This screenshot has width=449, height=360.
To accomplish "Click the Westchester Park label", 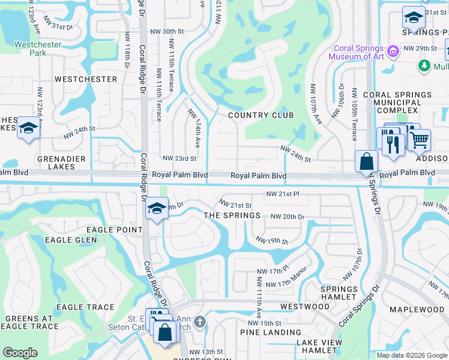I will pos(30,49).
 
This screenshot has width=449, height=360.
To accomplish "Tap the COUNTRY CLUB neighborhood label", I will pos(261,115).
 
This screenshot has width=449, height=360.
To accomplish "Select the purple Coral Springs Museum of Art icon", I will pos(394,52).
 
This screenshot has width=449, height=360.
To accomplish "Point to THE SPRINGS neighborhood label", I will pos(232,215).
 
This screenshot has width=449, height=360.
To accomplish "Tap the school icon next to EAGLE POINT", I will pos(156,208).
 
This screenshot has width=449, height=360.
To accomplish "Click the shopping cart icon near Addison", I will pos(419,139).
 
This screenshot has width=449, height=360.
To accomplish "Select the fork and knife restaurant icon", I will pos(393,145).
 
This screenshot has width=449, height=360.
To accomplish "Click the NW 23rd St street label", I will pos(179,158).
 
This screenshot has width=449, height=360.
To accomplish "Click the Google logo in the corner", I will pos(20,352).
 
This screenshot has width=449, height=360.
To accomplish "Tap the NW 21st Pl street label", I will pos(283,194).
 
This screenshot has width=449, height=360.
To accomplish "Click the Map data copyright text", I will pos(411,355).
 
